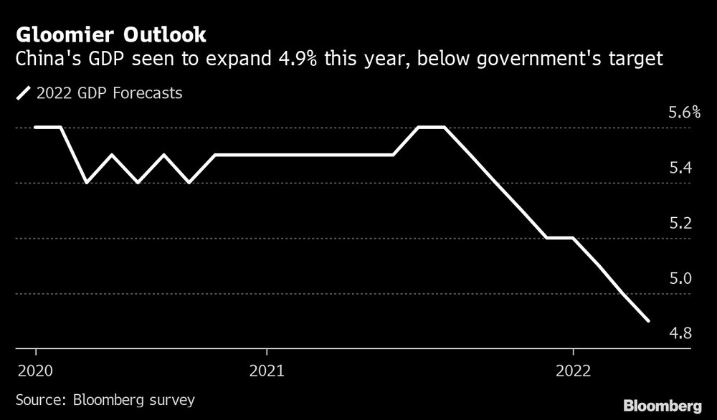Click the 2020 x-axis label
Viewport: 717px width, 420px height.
coord(35,371)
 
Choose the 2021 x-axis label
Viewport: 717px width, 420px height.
coord(266,371)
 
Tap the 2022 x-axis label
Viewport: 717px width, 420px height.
coord(573,371)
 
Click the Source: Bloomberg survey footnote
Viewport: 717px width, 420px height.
coord(105,398)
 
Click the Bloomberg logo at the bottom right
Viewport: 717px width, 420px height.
coord(662,404)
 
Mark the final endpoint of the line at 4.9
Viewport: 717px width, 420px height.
coord(649,321)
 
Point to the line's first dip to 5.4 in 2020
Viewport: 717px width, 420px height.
coord(86,183)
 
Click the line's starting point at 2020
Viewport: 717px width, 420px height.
coord(35,128)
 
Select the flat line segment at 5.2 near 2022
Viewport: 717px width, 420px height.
coord(560,238)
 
